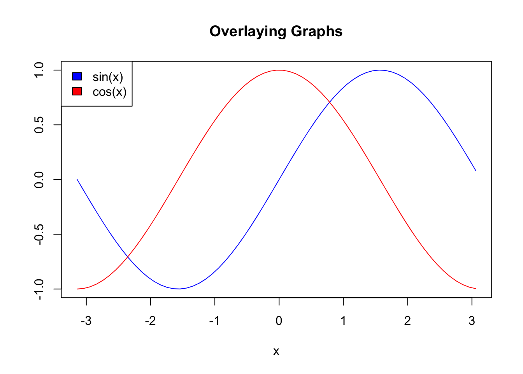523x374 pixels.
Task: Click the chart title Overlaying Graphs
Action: pyautogui.click(x=276, y=32)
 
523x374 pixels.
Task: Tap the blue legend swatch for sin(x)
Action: pyautogui.click(x=77, y=76)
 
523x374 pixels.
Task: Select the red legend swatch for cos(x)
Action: pyautogui.click(x=77, y=91)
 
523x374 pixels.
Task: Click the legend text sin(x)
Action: pyautogui.click(x=108, y=77)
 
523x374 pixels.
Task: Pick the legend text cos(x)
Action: pyautogui.click(x=109, y=92)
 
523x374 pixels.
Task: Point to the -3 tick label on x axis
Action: pyautogui.click(x=86, y=321)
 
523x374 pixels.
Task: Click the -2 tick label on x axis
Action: pyautogui.click(x=150, y=321)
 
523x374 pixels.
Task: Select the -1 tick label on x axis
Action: pyautogui.click(x=214, y=321)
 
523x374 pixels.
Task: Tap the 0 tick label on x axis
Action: pyautogui.click(x=279, y=321)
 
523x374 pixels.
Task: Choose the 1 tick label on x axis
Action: pyautogui.click(x=343, y=321)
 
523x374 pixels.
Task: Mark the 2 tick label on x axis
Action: pyautogui.click(x=407, y=321)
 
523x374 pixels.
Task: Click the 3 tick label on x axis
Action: pyautogui.click(x=472, y=321)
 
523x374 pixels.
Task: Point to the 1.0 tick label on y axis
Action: pyautogui.click(x=39, y=70)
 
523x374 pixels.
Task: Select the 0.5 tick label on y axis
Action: pyautogui.click(x=39, y=125)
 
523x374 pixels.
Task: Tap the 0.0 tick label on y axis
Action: pyautogui.click(x=39, y=180)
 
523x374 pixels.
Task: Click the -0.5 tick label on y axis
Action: pyautogui.click(x=39, y=234)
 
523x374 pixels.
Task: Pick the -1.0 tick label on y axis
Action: pyautogui.click(x=39, y=289)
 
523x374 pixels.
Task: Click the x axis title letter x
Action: pyautogui.click(x=276, y=351)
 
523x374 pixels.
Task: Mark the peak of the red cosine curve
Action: pyautogui.click(x=279, y=70)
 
